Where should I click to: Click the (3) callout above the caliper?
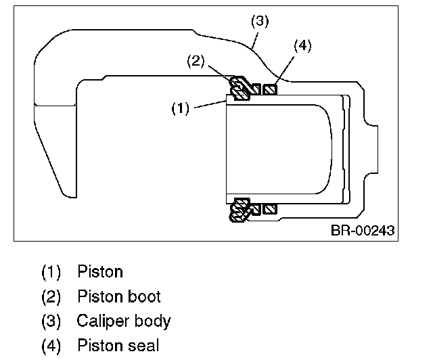[260, 21]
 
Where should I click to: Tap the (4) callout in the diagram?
[302, 46]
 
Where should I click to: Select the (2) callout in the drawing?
[196, 61]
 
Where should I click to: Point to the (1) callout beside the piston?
[179, 108]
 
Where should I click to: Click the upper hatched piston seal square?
[271, 89]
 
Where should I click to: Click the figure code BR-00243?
[362, 230]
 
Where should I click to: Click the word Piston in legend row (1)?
[100, 272]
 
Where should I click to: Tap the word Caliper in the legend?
[101, 321]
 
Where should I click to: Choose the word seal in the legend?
[144, 345]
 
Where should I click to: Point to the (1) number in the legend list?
[51, 272]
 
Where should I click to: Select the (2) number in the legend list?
[51, 296]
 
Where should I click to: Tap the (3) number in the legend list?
[51, 321]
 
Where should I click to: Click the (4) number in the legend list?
[51, 345]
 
